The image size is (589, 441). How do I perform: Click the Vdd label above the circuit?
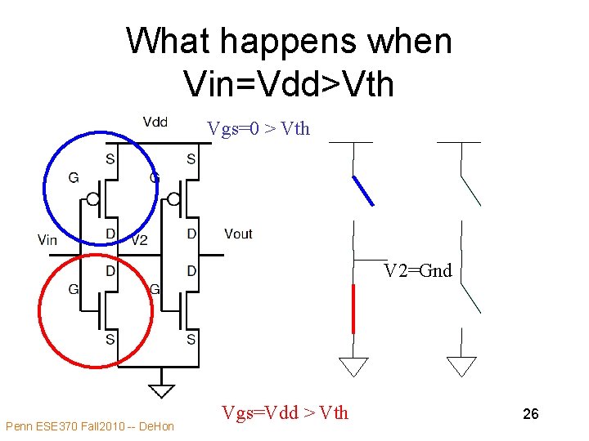[x=155, y=122]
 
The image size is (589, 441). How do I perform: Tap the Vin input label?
[x=47, y=239]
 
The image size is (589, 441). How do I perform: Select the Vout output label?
[x=238, y=234]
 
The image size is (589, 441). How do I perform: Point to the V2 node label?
[x=139, y=240]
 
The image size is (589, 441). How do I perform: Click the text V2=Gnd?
[x=418, y=271]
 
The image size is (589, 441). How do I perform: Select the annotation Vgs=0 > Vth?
[x=259, y=128]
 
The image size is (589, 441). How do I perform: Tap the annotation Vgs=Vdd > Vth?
[x=285, y=413]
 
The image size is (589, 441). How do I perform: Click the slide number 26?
[x=530, y=415]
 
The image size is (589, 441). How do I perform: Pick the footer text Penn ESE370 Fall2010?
[x=89, y=426]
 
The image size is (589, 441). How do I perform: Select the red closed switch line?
[x=353, y=309]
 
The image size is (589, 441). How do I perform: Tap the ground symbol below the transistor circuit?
[x=162, y=380]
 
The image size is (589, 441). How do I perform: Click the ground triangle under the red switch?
[x=353, y=367]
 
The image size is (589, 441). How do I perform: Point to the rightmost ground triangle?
[x=462, y=367]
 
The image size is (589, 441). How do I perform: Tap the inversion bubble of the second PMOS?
[x=173, y=199]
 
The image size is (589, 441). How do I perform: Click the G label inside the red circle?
[x=74, y=288]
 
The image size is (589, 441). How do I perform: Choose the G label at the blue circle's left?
[x=74, y=177]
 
